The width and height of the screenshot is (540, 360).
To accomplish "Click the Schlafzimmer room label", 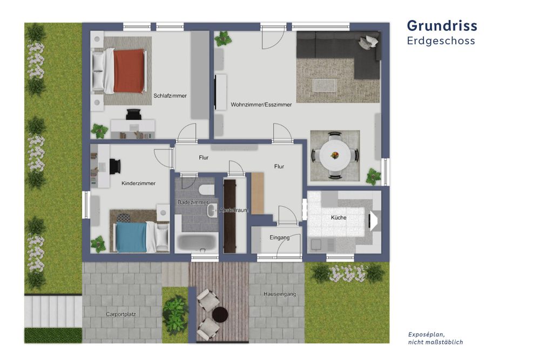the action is [170, 96].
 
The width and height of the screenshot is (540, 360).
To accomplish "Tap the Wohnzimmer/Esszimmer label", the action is [261, 105].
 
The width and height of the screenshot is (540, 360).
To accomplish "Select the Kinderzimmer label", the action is [138, 184].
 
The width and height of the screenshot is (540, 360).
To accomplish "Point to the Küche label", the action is [339, 218].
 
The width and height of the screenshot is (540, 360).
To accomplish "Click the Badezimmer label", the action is [193, 202].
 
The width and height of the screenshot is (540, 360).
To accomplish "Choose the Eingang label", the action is [280, 237].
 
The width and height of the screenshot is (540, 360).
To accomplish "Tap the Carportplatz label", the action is [120, 314].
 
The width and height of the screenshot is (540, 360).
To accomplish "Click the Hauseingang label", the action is [280, 294].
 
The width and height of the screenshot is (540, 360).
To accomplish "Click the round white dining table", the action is [335, 155].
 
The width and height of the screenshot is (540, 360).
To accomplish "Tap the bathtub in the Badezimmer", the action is [197, 242].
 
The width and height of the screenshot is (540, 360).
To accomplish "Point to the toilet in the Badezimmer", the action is [207, 189].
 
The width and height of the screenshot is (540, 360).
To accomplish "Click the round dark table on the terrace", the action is [220, 314].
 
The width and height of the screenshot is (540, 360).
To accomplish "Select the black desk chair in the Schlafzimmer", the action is [133, 114].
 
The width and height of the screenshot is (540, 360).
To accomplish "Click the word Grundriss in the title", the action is [442, 26].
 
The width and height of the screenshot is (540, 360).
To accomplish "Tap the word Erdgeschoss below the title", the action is [441, 40].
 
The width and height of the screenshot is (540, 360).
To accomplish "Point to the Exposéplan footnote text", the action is [435, 338].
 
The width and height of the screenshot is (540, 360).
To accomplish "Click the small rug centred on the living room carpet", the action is [324, 85].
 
